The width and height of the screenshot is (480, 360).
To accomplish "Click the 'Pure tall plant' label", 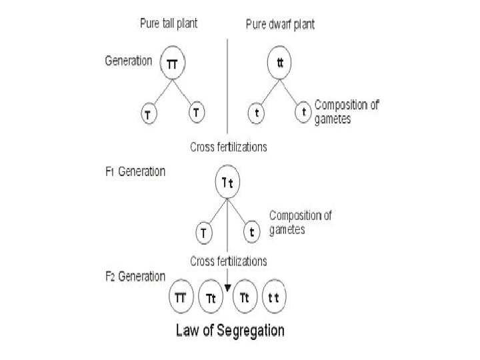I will point(169,24).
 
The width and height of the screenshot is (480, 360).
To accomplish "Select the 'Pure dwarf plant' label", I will point(280,25).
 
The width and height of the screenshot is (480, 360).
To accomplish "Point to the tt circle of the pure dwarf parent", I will point(280,63).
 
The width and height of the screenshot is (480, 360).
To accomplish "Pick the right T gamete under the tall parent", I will point(195,111).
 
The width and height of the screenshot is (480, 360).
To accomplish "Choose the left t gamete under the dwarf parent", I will point(257,113).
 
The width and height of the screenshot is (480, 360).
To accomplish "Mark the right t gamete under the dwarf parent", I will point(304,111).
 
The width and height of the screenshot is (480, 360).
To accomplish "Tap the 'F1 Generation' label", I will point(135,171).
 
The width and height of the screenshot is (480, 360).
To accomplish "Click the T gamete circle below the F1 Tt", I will point(203,234).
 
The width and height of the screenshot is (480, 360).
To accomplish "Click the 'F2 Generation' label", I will point(136,276).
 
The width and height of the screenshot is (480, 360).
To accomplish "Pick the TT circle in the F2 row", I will point(180,298).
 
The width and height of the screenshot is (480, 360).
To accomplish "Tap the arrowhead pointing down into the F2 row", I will point(227,288).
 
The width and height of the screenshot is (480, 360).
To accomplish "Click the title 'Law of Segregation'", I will point(230,331).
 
